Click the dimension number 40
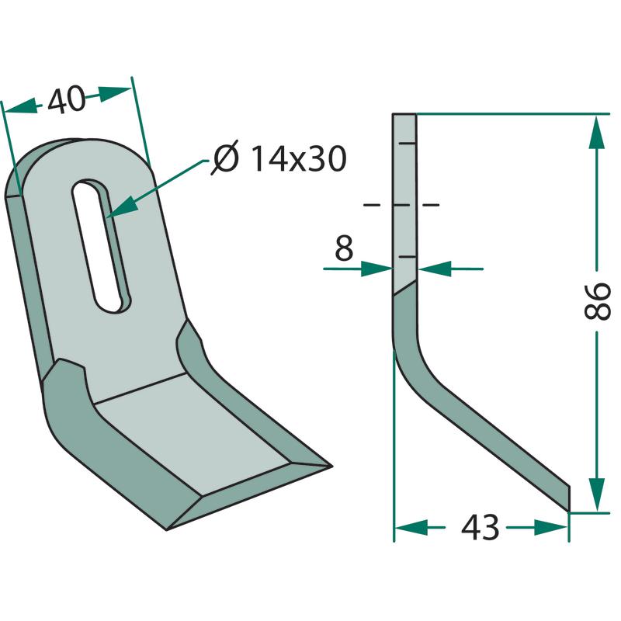click(66, 99)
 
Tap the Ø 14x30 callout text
click(279, 158)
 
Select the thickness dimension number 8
click(344, 248)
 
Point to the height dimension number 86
click(597, 301)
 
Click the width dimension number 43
click(480, 528)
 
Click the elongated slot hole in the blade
click(102, 246)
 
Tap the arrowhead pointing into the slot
click(121, 207)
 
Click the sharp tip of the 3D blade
click(331, 467)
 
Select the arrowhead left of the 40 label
click(21, 106)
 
